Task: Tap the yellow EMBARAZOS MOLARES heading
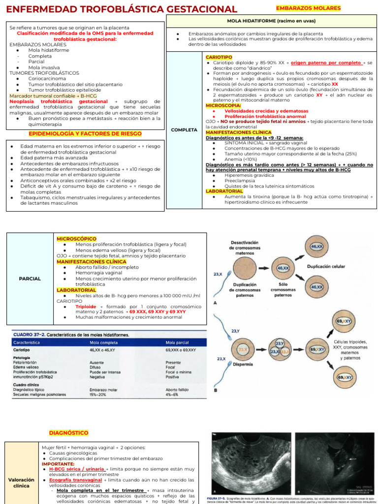[x=308, y=8]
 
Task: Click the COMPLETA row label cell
[x=184, y=130]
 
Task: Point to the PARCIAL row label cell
[x=30, y=279]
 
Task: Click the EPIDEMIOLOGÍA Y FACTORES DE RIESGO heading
[x=85, y=133]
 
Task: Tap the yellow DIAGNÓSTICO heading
[x=68, y=433]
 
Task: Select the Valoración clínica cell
[x=22, y=482]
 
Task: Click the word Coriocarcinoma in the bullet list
[x=47, y=78]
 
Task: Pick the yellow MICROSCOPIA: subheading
[x=223, y=105]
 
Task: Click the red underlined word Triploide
[x=86, y=306]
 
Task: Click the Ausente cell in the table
[x=97, y=362]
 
